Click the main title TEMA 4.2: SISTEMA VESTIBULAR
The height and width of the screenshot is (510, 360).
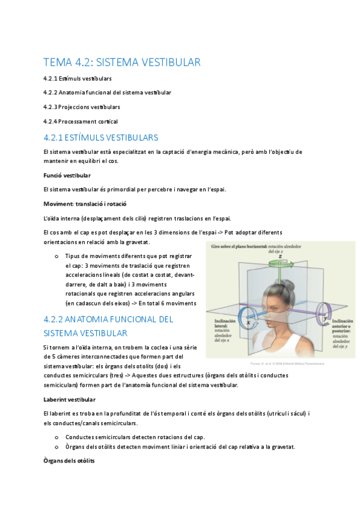point(122,62)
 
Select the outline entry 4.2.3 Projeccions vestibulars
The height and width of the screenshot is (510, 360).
point(82,106)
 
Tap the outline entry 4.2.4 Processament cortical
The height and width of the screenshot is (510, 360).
point(81,121)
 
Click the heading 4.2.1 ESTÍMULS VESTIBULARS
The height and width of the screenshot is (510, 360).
point(101,137)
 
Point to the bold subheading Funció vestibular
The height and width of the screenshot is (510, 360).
point(67,175)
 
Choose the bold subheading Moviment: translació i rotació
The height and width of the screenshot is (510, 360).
point(85,203)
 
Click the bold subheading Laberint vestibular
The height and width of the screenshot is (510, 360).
point(69,399)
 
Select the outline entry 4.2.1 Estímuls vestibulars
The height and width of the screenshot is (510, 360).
point(78,78)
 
